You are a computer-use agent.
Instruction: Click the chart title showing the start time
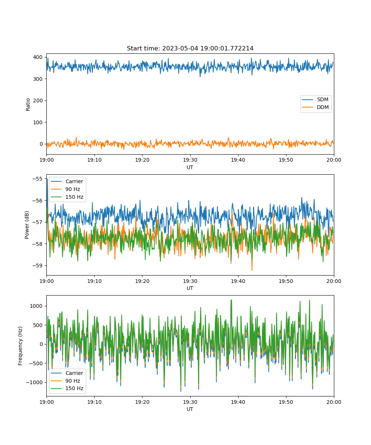pos(190,48)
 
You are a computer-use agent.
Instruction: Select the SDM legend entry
pos(316,99)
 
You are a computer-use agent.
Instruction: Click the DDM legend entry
pos(316,107)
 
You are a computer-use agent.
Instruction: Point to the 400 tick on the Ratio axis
pos(38,57)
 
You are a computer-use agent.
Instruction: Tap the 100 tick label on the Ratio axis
pos(38,122)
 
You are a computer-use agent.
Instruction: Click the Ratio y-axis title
pos(28,105)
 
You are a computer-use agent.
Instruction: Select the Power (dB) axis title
pos(27,225)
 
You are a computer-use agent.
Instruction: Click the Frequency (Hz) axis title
pos(20,346)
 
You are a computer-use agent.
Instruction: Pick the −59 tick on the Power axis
pos(37,266)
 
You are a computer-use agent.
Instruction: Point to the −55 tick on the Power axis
pos(37,179)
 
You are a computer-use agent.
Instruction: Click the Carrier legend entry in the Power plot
pos(67,181)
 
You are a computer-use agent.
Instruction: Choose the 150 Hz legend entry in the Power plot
pos(67,197)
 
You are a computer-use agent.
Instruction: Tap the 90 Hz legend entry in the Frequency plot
pos(65,381)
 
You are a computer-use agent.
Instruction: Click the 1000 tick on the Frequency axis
pos(36,306)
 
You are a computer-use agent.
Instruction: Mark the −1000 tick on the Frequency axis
pos(35,382)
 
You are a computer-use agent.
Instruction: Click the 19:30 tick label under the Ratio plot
pos(190,160)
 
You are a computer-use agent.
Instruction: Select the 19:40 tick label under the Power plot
pos(238,281)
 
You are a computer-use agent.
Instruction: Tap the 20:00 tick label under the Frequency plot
pos(334,402)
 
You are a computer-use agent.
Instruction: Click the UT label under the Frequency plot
pos(190,409)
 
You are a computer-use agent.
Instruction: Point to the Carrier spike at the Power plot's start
pos(47,192)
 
